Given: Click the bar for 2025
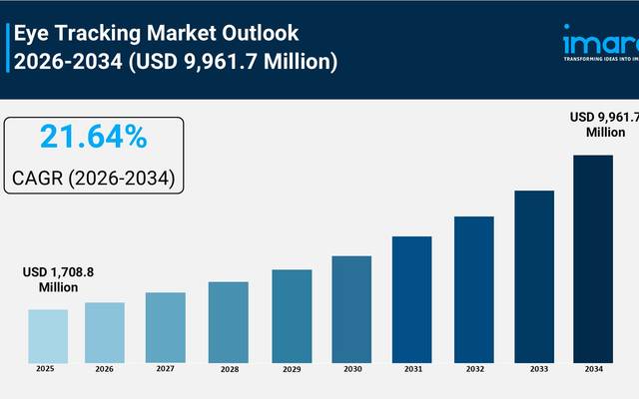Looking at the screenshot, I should pos(48,335).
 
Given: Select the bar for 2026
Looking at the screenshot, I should pos(105,331).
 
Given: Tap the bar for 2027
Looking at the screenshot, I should pos(166,326).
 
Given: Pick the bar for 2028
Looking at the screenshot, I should pos(228,321).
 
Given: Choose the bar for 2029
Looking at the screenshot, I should pos(292,315).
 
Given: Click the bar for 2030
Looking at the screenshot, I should pos(351,308).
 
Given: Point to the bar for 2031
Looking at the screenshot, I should pos(411,298).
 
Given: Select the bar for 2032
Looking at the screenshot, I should pos(473,288).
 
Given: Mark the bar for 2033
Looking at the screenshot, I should pos(533,275).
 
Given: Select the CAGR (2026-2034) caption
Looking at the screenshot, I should pos(94,178).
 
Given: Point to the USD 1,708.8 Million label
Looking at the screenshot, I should pos(51,280).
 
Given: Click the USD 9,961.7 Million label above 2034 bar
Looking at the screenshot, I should pos(603,125).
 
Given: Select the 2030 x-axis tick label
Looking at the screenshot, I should pos(351,370).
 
